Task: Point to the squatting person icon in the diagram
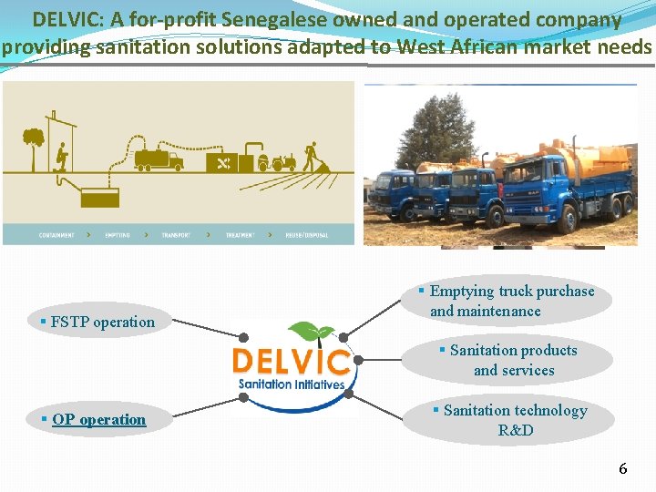(61, 156)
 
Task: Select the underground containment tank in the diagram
(99, 197)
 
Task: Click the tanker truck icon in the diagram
(159, 159)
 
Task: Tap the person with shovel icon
(313, 155)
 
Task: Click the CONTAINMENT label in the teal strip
(57, 235)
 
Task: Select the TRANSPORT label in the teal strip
(176, 235)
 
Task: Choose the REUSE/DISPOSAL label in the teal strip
(306, 235)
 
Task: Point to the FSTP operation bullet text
(103, 322)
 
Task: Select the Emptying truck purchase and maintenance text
(511, 301)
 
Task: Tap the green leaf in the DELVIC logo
(309, 333)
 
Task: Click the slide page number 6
(623, 469)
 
